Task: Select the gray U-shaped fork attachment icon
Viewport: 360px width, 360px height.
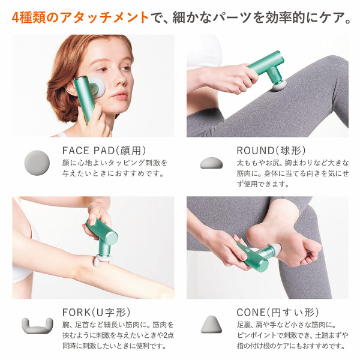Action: tap(37, 326)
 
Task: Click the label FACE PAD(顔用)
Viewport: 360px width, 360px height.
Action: tap(104, 150)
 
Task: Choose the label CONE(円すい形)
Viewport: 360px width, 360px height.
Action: tap(277, 312)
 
